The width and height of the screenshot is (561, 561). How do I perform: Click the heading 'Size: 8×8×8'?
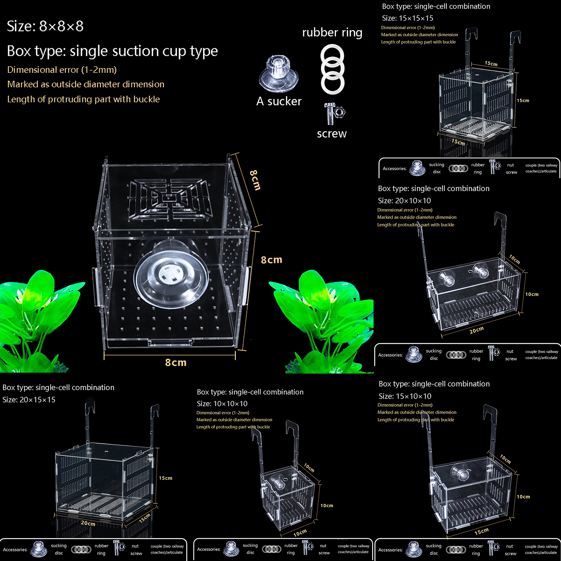(45, 26)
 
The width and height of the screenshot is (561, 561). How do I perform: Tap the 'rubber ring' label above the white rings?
(332, 33)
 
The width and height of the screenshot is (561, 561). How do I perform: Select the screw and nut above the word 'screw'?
(334, 114)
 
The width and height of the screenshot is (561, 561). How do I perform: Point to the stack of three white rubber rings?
(332, 69)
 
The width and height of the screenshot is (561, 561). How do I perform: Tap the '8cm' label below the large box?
(176, 363)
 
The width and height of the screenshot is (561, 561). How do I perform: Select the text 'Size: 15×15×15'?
(407, 18)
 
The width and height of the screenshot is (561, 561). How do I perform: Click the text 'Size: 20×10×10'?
(404, 201)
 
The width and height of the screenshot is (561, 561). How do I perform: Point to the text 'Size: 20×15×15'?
(29, 400)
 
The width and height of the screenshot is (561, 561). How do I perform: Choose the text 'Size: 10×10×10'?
(222, 404)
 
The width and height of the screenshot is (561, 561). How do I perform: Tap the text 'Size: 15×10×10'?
(405, 396)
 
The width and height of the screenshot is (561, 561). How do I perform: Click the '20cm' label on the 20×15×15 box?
(88, 523)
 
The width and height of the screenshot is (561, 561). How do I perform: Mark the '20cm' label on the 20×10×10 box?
(476, 330)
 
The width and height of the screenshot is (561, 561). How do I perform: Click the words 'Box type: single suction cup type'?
(112, 51)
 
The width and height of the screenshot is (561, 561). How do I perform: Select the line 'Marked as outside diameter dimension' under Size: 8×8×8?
(86, 85)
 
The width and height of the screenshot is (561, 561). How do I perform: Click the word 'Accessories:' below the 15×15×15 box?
(394, 169)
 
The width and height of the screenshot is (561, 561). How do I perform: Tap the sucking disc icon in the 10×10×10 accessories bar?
(231, 549)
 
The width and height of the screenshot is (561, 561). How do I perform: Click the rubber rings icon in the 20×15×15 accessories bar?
(81, 549)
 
